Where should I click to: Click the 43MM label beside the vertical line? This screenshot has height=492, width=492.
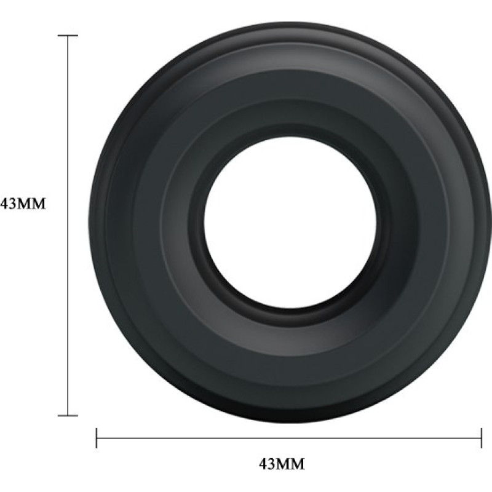click(x=23, y=204)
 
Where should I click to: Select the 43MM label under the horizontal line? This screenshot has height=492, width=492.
click(x=282, y=464)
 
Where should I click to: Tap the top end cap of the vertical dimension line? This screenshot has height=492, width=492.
click(x=68, y=36)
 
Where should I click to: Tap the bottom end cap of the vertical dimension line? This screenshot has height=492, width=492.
click(x=68, y=416)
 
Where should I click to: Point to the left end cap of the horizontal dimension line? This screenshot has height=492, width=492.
click(x=97, y=438)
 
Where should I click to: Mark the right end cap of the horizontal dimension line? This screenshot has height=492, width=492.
click(x=481, y=438)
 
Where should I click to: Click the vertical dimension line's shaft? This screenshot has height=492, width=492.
click(x=68, y=226)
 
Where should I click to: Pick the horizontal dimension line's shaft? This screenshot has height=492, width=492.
click(x=288, y=438)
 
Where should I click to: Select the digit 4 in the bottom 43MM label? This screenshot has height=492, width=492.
click(x=263, y=464)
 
